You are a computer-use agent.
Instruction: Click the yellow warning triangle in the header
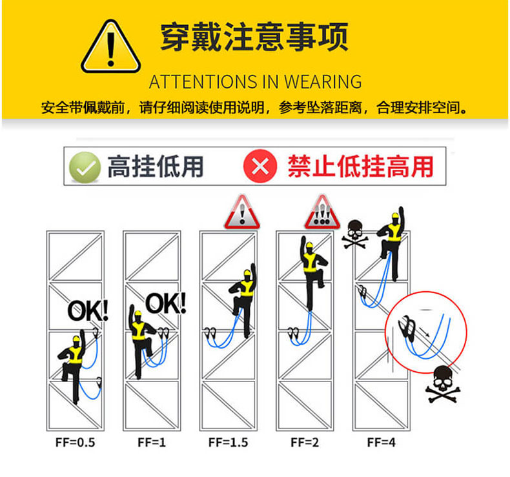[110, 47]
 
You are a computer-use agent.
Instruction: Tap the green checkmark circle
[85, 167]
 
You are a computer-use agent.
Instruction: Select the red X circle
[260, 166]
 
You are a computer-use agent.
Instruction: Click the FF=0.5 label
[75, 442]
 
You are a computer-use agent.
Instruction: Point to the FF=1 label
[152, 442]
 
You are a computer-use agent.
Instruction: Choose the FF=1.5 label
[228, 442]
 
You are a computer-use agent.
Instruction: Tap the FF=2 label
[305, 442]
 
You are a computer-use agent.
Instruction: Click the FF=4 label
[381, 442]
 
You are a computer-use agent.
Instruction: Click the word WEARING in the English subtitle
[323, 81]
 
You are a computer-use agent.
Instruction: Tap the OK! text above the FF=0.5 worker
[88, 310]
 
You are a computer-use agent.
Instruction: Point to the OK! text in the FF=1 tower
[166, 303]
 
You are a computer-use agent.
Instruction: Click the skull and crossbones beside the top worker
[355, 234]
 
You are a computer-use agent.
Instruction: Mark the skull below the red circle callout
[443, 383]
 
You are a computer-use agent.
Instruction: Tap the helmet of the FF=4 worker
[395, 216]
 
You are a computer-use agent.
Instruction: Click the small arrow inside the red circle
[424, 332]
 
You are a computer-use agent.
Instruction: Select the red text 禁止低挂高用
[361, 167]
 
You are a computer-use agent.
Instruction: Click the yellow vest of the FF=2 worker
[311, 263]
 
